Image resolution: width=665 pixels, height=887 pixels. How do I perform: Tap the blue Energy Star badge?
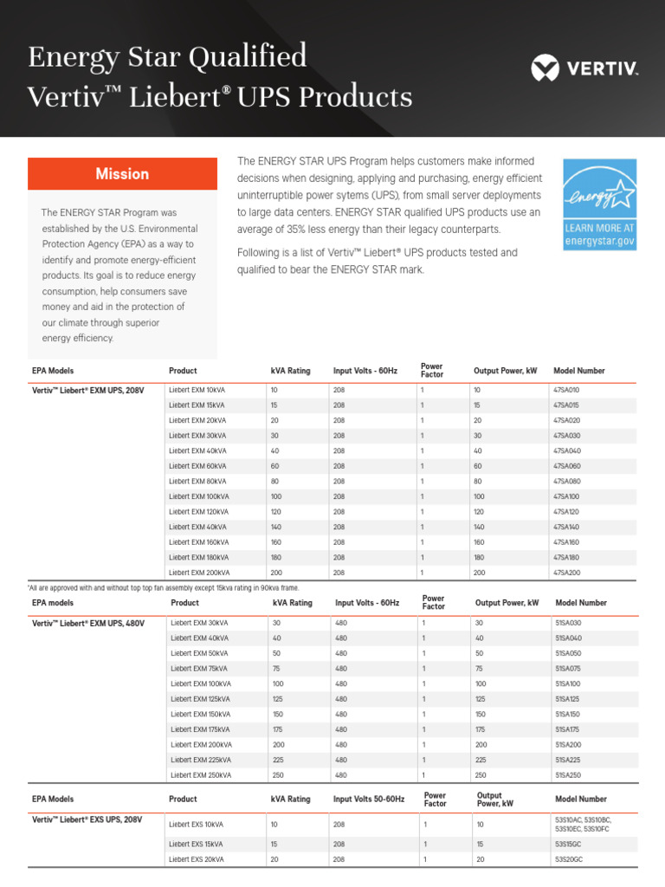599,204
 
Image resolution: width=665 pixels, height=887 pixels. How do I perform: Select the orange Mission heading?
122,174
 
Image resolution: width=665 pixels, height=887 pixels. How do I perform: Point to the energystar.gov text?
599,241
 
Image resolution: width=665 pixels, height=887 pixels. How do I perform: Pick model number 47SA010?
566,390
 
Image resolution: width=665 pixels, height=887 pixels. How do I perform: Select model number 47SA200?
566,573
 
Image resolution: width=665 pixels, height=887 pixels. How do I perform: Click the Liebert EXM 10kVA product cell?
197,390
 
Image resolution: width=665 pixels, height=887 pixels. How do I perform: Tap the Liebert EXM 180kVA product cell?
199,557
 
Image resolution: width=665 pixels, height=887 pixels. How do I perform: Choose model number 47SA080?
566,481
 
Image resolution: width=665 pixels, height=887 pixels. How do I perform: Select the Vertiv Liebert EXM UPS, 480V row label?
87,623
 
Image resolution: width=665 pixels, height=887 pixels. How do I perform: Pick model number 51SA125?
568,698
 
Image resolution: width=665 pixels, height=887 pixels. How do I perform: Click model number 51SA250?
569,774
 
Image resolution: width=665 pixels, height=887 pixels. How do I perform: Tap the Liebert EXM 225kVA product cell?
201,759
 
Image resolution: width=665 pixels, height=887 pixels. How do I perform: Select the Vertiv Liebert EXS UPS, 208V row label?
87,819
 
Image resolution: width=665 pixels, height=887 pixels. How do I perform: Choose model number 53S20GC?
571,859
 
